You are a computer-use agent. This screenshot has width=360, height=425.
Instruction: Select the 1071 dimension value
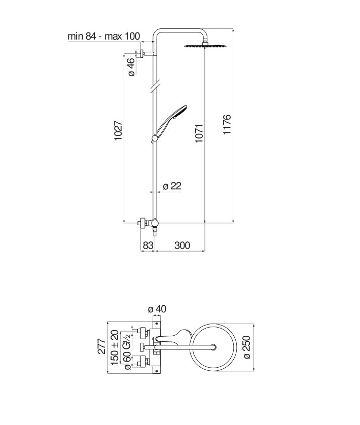(x=199, y=133)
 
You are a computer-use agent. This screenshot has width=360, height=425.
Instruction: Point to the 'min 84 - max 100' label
(x=104, y=36)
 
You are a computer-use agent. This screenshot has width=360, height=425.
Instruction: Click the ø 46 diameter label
(x=130, y=67)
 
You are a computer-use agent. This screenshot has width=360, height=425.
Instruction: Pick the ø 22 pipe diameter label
(x=172, y=186)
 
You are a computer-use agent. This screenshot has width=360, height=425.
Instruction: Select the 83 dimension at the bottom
(x=148, y=245)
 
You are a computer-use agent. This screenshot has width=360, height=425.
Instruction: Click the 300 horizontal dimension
(x=181, y=245)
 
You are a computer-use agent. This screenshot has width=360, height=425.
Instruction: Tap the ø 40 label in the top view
(x=157, y=309)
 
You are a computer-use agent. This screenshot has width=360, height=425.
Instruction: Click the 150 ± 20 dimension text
(x=115, y=347)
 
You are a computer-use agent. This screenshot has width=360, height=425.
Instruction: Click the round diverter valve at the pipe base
(x=155, y=222)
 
